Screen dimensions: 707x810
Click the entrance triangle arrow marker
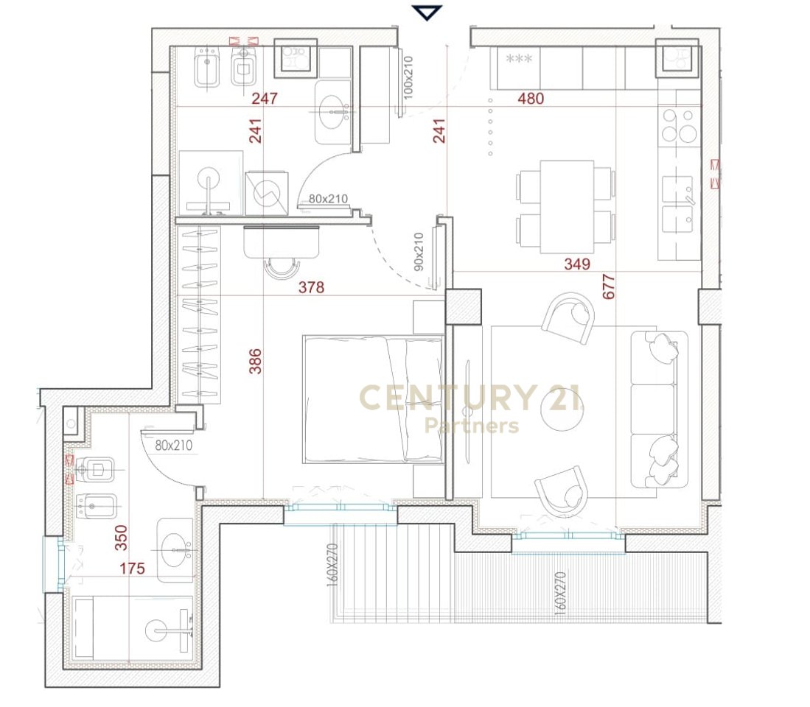[x=427, y=13]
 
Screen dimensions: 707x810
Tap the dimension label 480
[x=531, y=99]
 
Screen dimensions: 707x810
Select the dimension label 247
[x=264, y=99]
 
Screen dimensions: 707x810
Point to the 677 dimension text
[x=608, y=284]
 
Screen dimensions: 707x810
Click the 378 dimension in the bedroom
[x=311, y=287]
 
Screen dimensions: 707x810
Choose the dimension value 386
[x=255, y=361]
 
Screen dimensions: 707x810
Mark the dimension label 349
[x=576, y=264]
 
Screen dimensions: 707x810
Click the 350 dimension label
[x=121, y=538]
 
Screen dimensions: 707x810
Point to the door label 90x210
[x=418, y=252]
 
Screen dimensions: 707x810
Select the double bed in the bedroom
[x=372, y=399]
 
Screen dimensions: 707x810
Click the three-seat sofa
[x=659, y=409]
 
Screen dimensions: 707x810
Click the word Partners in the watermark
[x=472, y=426]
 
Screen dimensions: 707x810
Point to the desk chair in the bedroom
[x=282, y=268]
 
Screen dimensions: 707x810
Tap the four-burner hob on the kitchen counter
[x=680, y=124]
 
